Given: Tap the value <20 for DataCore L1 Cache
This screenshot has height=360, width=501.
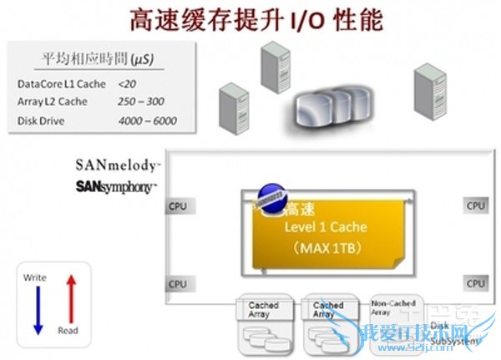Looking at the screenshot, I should (127, 84).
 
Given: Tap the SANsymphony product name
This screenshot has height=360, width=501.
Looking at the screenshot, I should (114, 185).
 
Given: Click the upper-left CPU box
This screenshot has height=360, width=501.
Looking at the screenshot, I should (178, 206).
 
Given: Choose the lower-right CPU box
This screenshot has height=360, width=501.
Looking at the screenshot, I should (475, 283).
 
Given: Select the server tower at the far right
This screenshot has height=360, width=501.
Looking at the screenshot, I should (431, 89).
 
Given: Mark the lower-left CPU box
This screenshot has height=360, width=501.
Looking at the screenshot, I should (178, 284).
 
